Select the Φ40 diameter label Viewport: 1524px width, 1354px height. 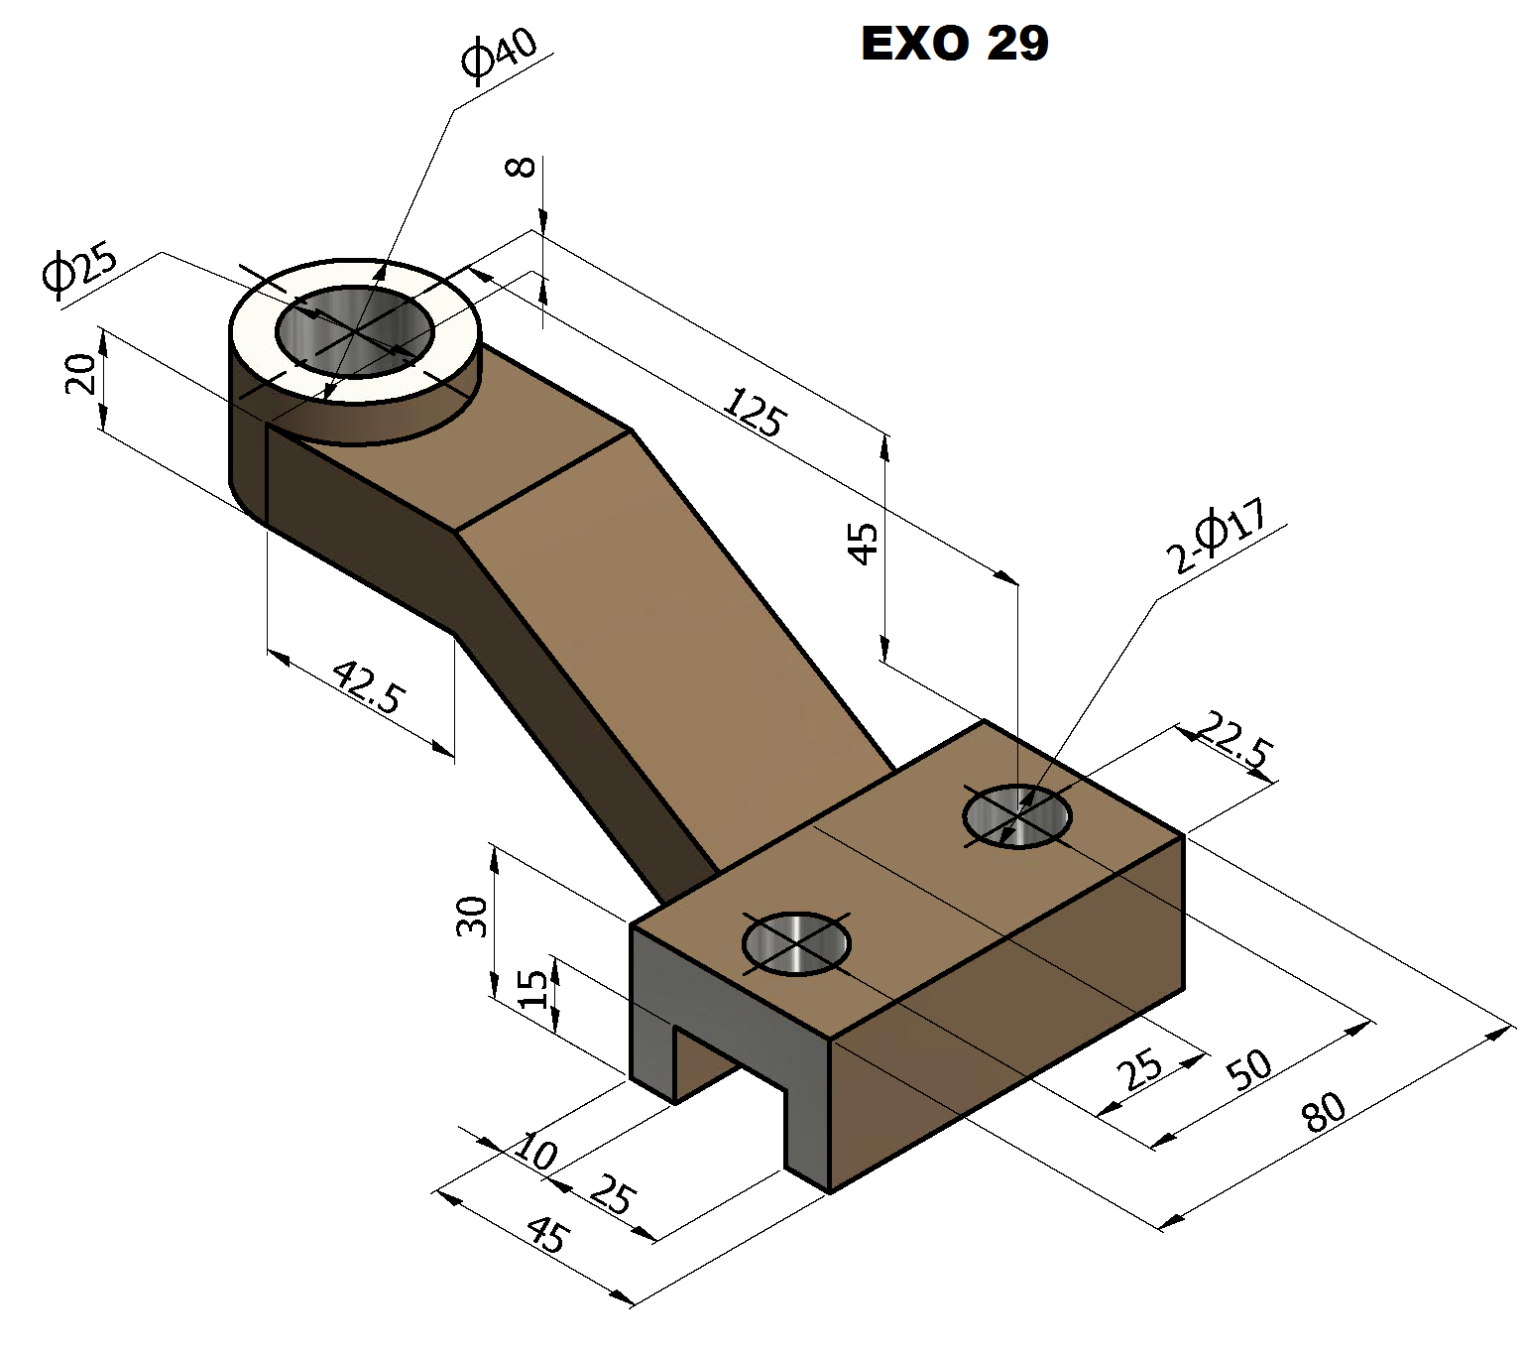[499, 55]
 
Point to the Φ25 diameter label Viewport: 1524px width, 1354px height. [79, 270]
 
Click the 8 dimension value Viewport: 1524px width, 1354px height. [522, 167]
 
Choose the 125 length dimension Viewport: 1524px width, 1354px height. [756, 412]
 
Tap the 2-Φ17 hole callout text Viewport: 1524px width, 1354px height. [1217, 536]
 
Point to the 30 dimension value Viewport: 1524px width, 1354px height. [472, 916]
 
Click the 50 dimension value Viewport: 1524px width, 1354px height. [1249, 1069]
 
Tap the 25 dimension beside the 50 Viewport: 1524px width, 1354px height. [1139, 1069]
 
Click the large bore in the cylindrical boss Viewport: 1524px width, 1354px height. [355, 331]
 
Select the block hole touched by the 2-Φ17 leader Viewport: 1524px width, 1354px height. [1017, 816]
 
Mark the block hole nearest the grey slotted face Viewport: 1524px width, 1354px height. [796, 943]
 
